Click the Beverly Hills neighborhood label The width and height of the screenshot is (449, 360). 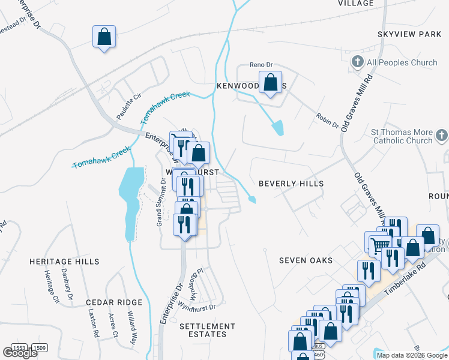[x=291, y=184]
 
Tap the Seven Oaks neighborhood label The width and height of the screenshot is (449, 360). [x=305, y=260]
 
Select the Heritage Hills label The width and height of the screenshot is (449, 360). [x=65, y=262]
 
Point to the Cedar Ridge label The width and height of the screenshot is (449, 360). [x=113, y=302]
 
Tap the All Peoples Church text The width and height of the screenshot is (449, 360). [x=402, y=62]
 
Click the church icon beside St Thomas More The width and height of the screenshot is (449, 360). [x=442, y=136]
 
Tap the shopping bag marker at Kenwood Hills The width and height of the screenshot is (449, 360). [x=270, y=83]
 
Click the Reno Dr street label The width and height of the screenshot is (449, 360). [x=261, y=65]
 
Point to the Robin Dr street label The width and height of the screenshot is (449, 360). [x=328, y=119]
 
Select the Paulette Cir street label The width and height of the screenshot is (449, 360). [x=128, y=104]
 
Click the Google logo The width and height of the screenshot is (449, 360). [x=19, y=353]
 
